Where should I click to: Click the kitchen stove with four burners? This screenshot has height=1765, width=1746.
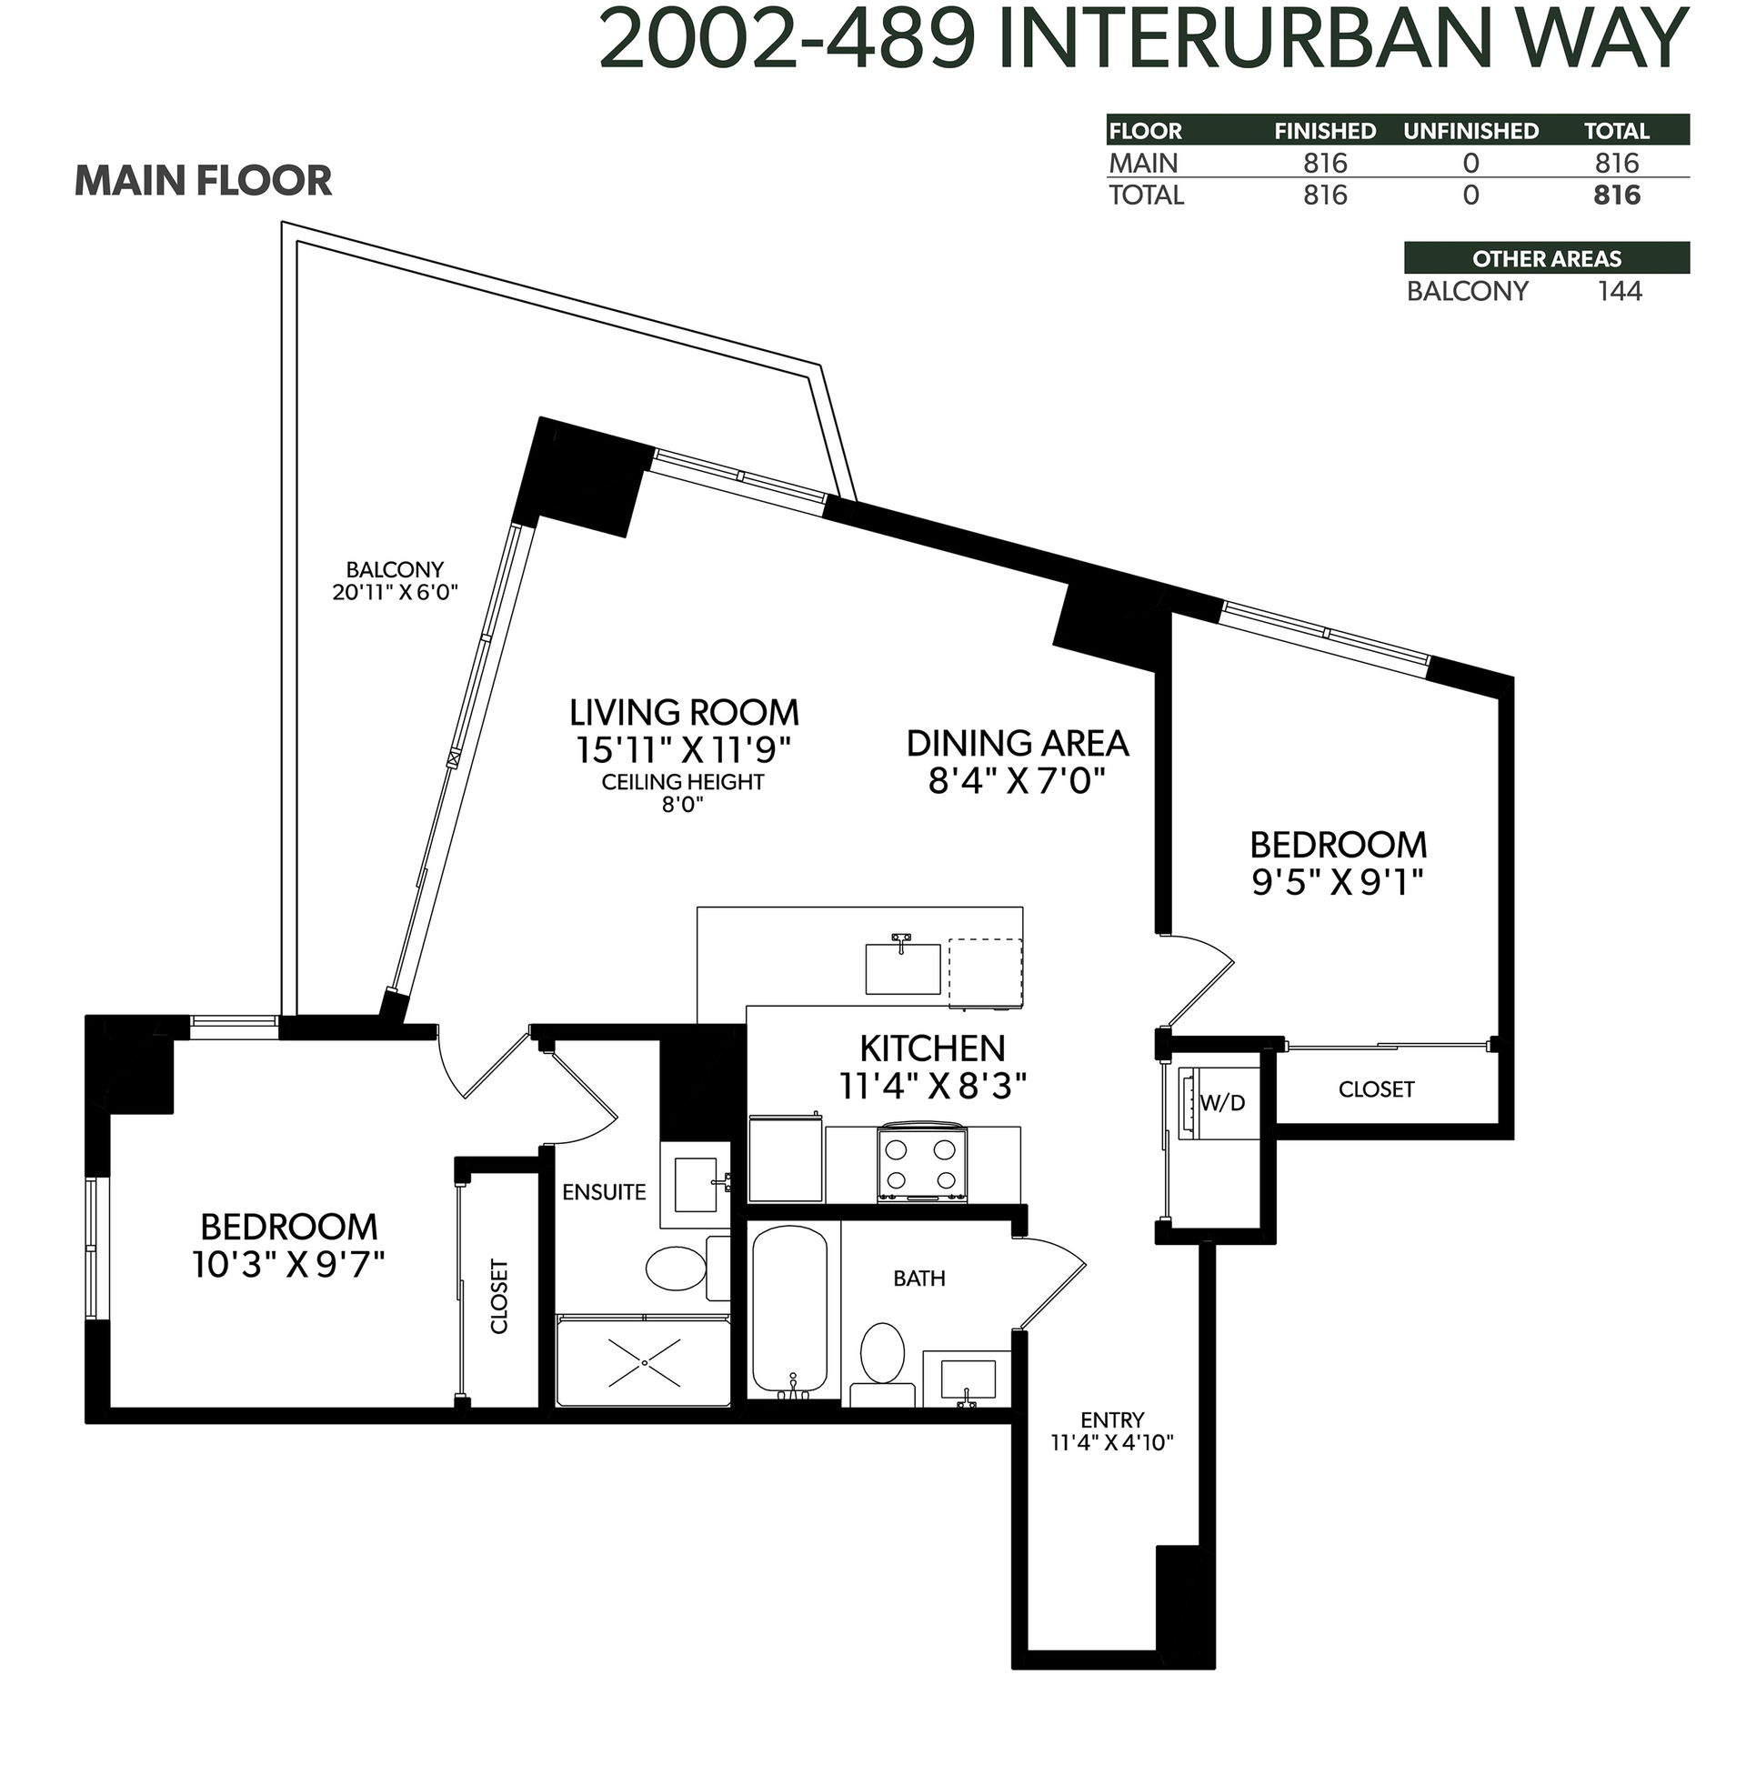tap(922, 1162)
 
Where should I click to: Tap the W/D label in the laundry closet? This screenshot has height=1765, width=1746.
tap(1222, 1103)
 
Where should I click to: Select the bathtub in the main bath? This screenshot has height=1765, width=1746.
tap(789, 1311)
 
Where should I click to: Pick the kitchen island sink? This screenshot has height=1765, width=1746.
tap(903, 968)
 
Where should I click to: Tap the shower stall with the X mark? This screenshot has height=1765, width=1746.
tap(643, 1362)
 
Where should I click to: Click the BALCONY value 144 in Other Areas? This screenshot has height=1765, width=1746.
tap(1619, 291)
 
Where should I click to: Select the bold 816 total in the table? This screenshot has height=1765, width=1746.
tap(1616, 196)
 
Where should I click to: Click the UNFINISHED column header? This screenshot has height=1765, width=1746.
tap(1470, 132)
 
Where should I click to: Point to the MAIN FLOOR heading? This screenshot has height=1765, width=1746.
tap(203, 181)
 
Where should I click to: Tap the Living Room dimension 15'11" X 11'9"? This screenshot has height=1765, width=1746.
tap(682, 750)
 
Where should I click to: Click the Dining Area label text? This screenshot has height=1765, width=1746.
tap(1017, 744)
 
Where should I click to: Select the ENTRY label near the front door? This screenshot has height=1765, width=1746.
tap(1112, 1419)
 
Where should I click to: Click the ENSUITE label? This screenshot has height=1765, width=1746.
tap(604, 1192)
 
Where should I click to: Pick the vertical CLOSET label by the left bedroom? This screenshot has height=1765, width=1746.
tap(499, 1297)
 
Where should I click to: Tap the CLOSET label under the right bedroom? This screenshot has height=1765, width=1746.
tap(1376, 1089)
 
